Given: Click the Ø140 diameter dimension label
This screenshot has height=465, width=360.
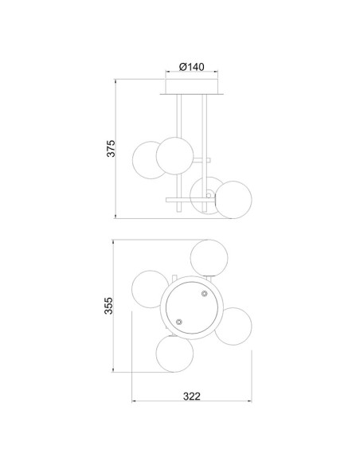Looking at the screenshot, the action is [x=192, y=67].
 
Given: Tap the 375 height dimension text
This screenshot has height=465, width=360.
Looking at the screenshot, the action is [x=111, y=148].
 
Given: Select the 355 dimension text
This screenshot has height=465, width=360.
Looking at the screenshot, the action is [x=108, y=306].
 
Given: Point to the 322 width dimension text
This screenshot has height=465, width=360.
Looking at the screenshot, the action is [x=192, y=397].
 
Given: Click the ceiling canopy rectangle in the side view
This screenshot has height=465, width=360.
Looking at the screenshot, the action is [x=192, y=87].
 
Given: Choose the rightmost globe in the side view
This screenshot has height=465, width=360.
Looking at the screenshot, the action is [x=233, y=200].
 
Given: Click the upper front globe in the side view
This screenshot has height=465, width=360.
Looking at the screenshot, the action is [x=174, y=156].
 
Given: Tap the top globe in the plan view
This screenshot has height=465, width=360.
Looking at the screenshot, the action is [x=209, y=258].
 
